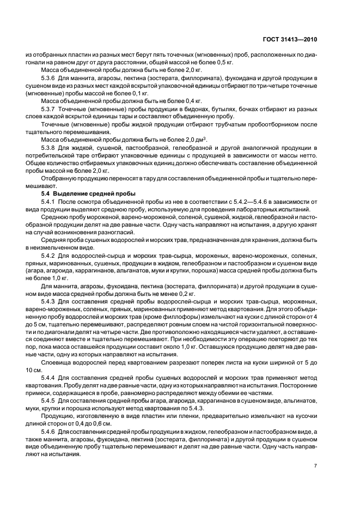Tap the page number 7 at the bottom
pos(316,466)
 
